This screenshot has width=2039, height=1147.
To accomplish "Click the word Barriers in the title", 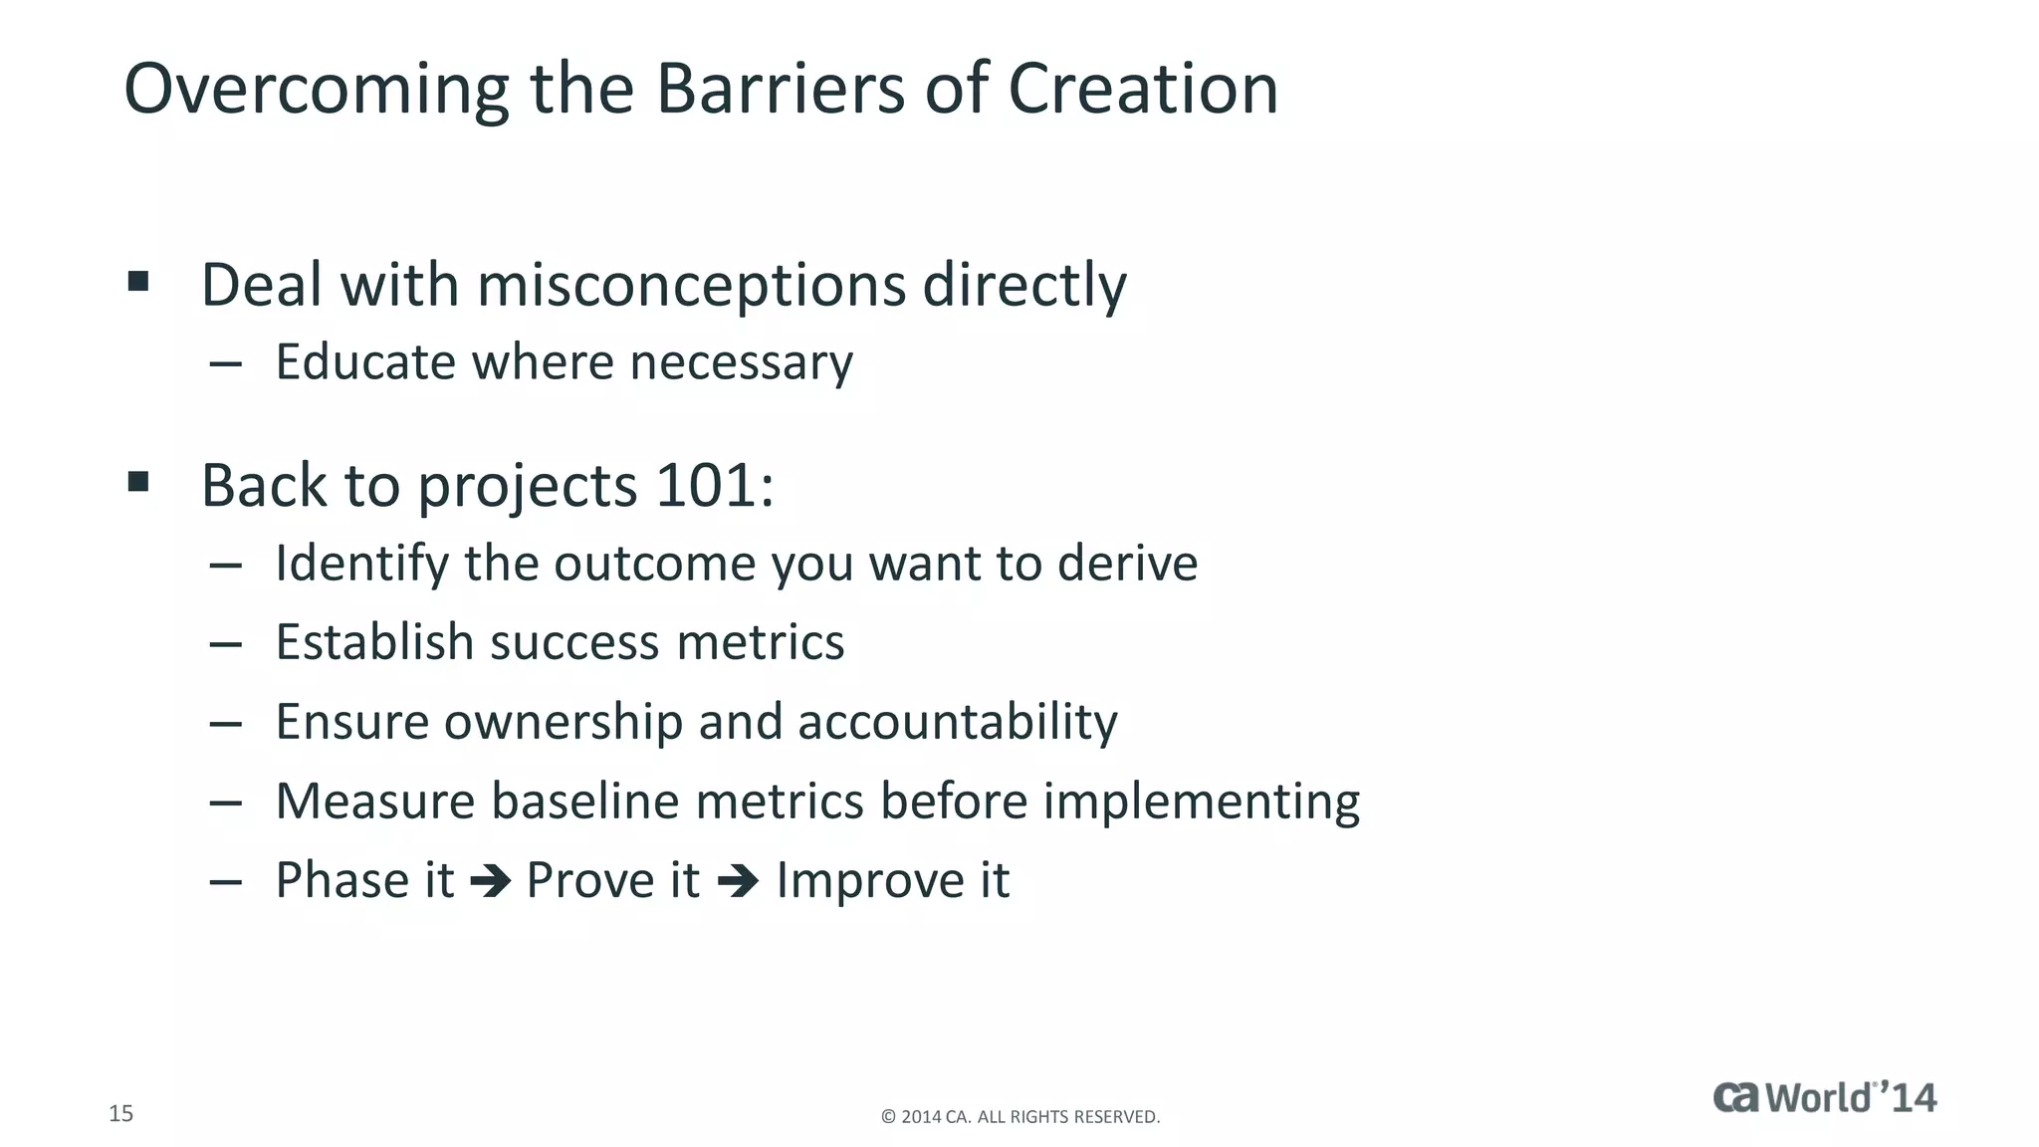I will [x=780, y=89].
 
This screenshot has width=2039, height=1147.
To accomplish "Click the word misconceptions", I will [x=691, y=286].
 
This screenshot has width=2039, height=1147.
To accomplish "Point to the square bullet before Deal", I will [x=138, y=281].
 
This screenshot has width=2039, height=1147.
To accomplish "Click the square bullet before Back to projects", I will [x=138, y=483].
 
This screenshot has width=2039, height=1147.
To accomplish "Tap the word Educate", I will [x=365, y=361].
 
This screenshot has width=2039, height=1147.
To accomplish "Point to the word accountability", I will [x=957, y=722].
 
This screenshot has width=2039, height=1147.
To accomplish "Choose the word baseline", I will [x=584, y=801].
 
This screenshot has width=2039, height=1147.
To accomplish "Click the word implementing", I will [x=1201, y=803].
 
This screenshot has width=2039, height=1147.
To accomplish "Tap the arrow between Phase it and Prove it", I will [x=490, y=881].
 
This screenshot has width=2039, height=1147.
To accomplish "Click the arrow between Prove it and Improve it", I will [x=738, y=881].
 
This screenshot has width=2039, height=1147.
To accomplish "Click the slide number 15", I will [x=120, y=1113].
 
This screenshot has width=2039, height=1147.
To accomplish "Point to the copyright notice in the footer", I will [x=1020, y=1117].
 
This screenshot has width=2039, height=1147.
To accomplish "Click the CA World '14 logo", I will [x=1824, y=1097].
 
